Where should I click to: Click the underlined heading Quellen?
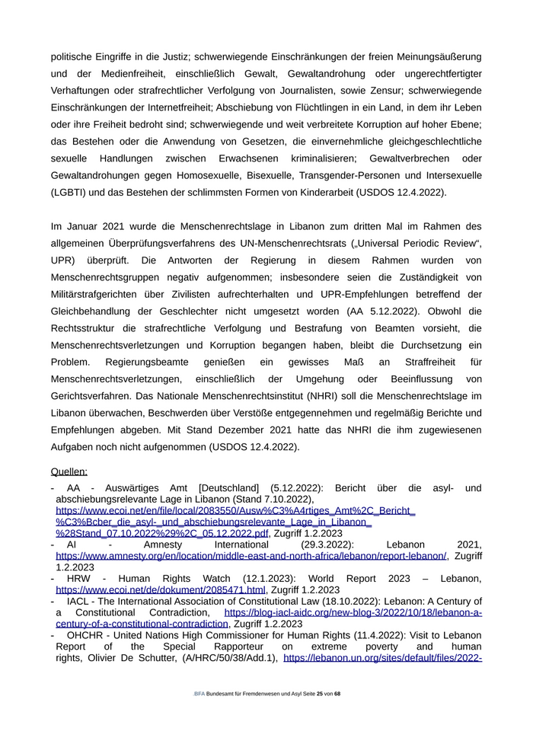coord(69,471)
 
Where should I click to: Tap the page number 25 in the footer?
coord(320,694)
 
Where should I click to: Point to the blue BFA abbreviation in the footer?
coord(199,694)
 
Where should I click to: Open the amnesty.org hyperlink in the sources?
coord(251,556)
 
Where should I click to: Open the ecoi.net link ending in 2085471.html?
coord(161,589)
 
